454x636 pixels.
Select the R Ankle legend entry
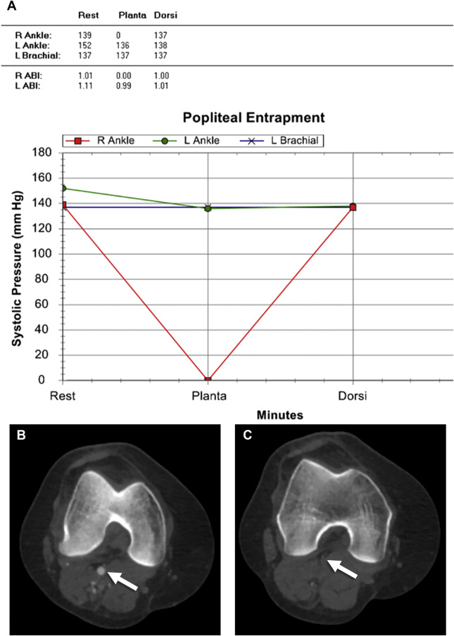(98, 141)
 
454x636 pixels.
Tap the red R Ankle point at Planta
(208, 380)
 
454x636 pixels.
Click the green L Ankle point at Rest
(63, 188)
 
